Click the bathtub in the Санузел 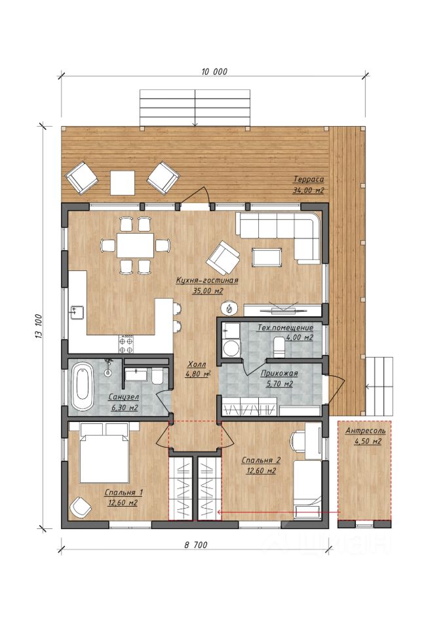click(83, 387)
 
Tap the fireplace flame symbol click(229, 308)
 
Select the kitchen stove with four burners click(126, 343)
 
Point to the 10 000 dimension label click(214, 72)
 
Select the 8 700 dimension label click(196, 545)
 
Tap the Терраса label click(308, 179)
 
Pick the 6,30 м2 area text click(123, 408)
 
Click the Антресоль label click(365, 430)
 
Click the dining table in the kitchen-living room click(135, 245)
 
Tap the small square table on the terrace click(122, 183)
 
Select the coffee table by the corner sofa click(267, 257)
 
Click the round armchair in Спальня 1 click(80, 507)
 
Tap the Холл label click(197, 364)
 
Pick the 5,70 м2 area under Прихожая click(279, 384)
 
